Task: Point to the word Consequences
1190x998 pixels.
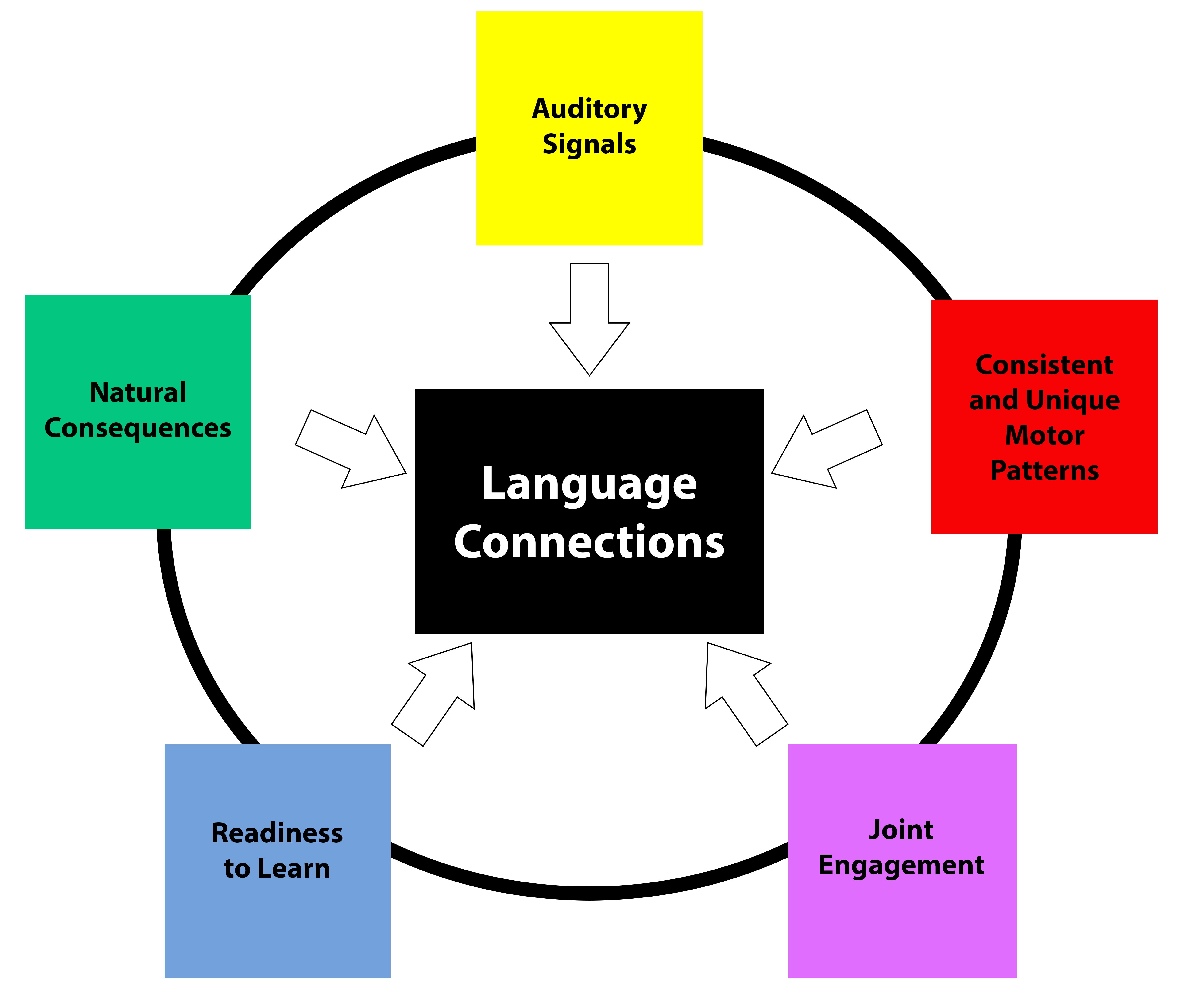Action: [138, 428]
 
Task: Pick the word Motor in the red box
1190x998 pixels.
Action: [1044, 435]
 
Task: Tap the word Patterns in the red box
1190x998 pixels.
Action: [1044, 470]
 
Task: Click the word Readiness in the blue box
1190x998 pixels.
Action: [277, 833]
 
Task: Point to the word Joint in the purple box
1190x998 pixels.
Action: [901, 830]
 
